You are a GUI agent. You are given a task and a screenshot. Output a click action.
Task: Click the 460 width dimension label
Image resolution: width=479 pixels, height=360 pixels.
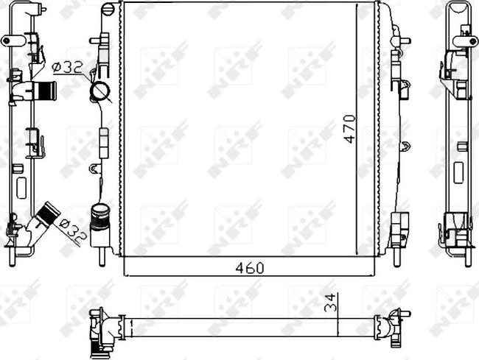250,268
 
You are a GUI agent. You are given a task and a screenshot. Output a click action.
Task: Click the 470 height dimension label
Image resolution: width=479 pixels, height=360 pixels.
350,129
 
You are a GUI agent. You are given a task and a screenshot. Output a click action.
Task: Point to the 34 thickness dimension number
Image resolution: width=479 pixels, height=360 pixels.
331,303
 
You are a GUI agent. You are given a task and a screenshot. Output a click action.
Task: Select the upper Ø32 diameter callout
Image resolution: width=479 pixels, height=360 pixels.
67,68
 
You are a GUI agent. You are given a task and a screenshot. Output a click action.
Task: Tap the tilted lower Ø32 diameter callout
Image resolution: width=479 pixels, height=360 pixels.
72,230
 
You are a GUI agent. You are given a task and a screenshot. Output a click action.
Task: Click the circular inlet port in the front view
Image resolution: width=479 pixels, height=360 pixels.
99,90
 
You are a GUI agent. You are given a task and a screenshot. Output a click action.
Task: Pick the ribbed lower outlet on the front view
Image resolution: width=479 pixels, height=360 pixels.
99,216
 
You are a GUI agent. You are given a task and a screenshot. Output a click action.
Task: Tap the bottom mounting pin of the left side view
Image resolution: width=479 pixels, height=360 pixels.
13,258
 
